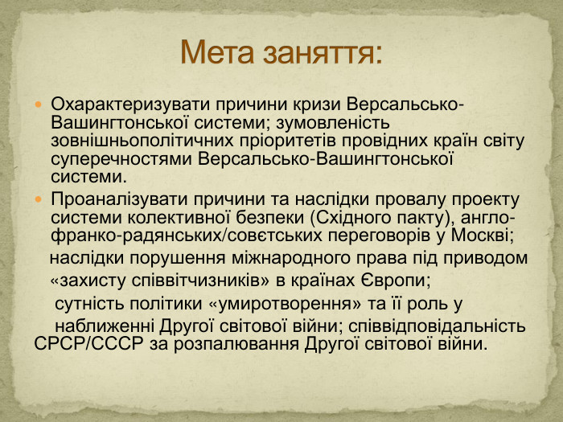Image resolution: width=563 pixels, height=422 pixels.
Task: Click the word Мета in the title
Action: (x=220, y=53)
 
